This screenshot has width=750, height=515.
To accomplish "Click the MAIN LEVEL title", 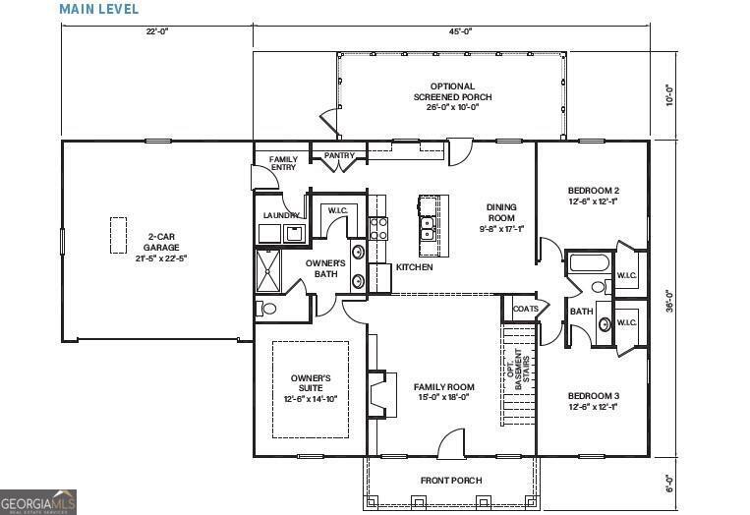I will tap(98, 9).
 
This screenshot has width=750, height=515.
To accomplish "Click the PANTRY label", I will tap(326, 154).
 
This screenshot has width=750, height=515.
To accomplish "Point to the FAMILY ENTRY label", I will tap(283, 163).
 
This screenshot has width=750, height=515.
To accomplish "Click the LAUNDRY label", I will tap(280, 215).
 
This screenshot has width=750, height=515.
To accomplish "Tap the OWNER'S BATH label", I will tap(325, 268).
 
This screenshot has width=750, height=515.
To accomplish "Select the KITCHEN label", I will tap(414, 267).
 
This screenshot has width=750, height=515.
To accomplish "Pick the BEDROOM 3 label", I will tap(593, 401).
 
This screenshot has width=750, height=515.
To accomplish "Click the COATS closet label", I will tap(525, 309).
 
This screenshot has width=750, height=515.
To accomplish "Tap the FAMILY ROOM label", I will tap(443, 392).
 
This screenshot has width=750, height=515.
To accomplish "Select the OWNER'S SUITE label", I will tap(311, 388).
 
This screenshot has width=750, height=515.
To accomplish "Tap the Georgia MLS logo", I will tap(38, 501).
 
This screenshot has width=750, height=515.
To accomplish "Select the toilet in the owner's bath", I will tap(268, 308).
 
